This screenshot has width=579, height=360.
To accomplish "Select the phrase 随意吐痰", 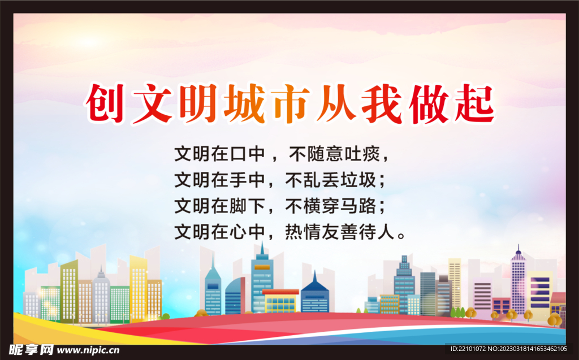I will click(x=347, y=153).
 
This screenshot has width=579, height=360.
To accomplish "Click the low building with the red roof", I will click(x=280, y=301).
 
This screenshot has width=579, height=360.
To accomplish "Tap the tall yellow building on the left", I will click(x=138, y=288).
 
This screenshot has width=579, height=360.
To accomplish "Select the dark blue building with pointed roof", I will click(x=315, y=294).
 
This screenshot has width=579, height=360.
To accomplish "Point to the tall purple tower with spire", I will click(x=518, y=283).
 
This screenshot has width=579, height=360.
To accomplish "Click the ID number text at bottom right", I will click(x=508, y=349).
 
